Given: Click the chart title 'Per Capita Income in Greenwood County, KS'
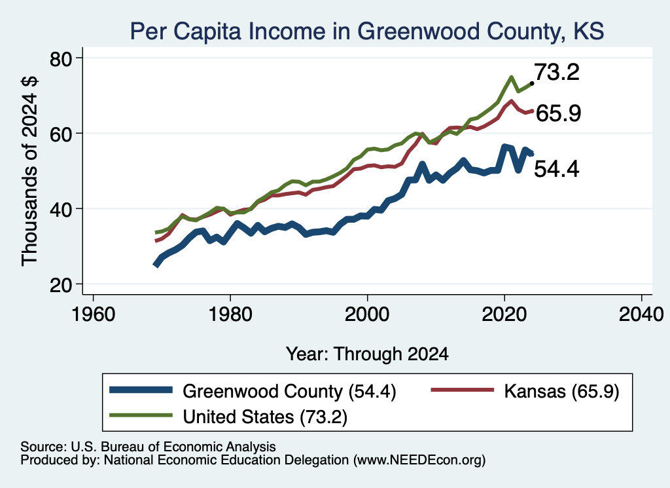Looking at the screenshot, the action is coord(367,31).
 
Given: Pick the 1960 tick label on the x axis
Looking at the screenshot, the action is coord(93,314).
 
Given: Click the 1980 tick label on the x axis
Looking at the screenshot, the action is coord(230,314).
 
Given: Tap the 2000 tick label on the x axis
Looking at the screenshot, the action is coord(367,314).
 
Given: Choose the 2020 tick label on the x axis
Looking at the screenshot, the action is coord(504,314).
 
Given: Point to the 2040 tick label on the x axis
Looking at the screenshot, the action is coord(641,314).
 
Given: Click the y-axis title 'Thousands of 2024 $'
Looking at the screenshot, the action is coord(29,171).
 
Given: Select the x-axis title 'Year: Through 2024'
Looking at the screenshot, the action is coord(367,354).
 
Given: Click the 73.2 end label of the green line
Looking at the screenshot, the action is coord(557,72).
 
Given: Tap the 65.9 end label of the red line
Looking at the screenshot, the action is coord(558,113).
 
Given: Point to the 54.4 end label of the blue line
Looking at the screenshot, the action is coord(557,168).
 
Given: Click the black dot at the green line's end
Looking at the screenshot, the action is coord(531,83).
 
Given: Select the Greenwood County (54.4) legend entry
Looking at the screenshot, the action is coord(253,391).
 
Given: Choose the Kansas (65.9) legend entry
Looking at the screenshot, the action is coord(525,391).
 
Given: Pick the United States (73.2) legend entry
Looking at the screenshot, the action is coord(228,417).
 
